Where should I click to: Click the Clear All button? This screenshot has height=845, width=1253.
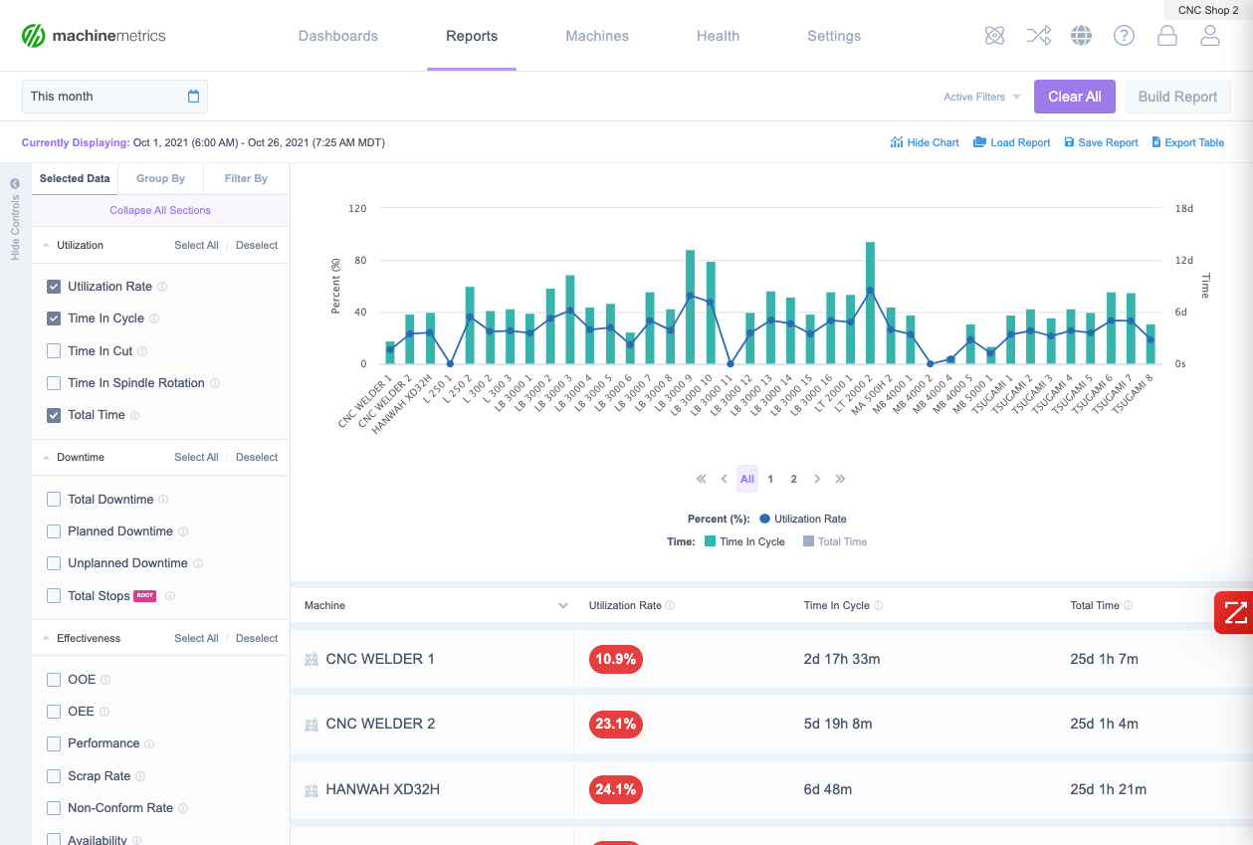pos(1074,97)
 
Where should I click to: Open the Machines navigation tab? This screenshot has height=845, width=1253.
pos(597,36)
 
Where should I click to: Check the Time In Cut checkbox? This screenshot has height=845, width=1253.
pos(54,350)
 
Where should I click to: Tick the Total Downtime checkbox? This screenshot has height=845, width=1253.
pos(54,499)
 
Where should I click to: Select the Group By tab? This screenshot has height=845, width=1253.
pos(160,178)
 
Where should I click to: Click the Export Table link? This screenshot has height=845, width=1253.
pos(1187,142)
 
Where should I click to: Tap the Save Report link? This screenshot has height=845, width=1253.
pos(1101,142)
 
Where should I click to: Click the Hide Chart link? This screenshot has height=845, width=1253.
pos(925,142)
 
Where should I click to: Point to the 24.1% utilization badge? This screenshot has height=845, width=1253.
pos(615,789)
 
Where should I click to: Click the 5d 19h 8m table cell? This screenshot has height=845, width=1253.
pos(838,724)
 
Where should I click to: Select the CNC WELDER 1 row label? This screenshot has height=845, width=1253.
pos(379,659)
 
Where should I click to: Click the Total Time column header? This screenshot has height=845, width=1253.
pos(1095,605)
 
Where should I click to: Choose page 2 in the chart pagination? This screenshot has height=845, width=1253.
pos(793,479)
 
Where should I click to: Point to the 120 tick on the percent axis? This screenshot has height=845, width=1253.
pos(358,209)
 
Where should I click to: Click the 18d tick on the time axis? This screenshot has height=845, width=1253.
pos(1184,209)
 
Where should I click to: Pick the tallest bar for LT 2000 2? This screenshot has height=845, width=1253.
pos(870,303)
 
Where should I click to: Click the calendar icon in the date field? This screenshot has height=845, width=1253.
pos(194,97)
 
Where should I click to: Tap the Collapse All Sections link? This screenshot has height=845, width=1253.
pos(160,210)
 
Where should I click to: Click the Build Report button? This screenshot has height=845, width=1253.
pos(1177,97)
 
